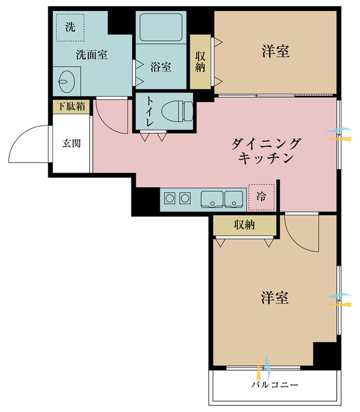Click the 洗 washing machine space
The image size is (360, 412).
click(x=70, y=27)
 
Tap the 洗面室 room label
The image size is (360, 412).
click(x=92, y=54)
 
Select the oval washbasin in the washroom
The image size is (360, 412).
click(x=67, y=81)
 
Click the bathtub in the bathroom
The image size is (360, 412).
click(x=161, y=27)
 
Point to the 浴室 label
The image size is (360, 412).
click(x=161, y=66)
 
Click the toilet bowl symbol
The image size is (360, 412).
click(x=178, y=111)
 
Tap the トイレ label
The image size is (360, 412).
click(x=150, y=112)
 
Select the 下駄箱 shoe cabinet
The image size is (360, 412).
click(x=71, y=107)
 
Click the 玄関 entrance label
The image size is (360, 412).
click(x=71, y=143)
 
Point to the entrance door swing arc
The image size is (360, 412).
click(x=21, y=134)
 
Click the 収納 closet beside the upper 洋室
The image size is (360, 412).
click(x=201, y=62)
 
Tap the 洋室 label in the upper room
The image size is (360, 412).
click(x=275, y=51)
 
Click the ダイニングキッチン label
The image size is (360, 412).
click(x=265, y=151)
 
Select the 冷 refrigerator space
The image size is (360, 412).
click(x=262, y=197)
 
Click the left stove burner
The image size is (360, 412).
click(x=170, y=198)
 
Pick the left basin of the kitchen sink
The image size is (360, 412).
click(x=212, y=199)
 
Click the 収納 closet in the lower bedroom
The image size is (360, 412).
click(x=245, y=225)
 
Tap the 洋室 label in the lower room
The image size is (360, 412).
click(x=275, y=298)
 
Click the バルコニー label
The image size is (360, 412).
click(x=275, y=385)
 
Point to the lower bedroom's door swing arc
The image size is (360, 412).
click(x=296, y=241)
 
